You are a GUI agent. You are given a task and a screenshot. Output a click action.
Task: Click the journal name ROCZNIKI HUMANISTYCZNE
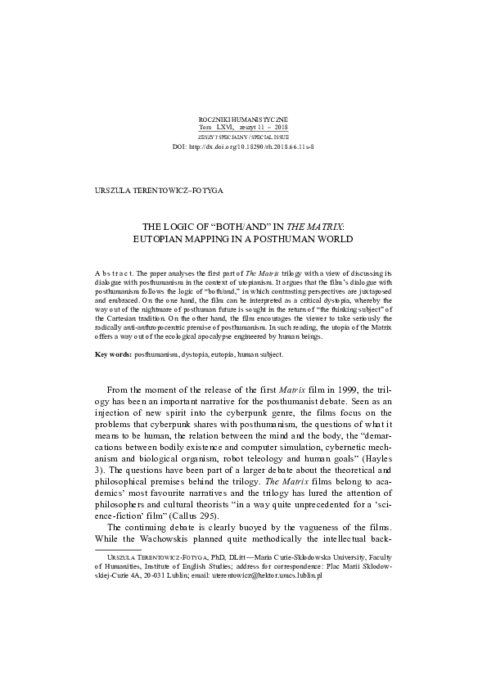tap(243, 119)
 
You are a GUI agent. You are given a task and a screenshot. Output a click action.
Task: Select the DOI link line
tap(243, 146)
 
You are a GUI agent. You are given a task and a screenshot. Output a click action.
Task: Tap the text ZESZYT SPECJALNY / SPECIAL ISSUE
tap(243, 137)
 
